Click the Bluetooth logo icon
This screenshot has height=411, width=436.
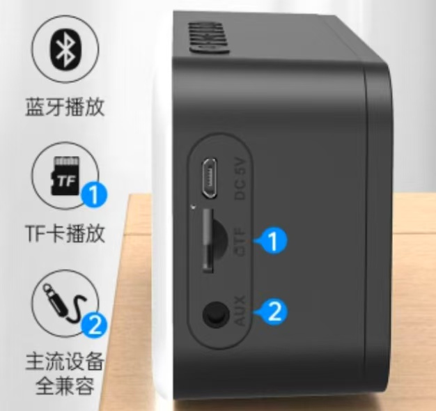click(x=65, y=50)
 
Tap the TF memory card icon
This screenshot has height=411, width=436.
click(x=65, y=176)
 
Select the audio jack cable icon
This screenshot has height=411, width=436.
click(x=65, y=304)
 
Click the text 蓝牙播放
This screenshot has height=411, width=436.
click(x=65, y=107)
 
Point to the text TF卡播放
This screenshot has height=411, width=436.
click(x=65, y=233)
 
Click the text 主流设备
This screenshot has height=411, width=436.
click(x=65, y=362)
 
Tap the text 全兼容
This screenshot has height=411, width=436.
click(x=65, y=385)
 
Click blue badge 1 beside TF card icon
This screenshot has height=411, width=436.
click(x=94, y=194)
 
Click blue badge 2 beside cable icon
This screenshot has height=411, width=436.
click(x=94, y=324)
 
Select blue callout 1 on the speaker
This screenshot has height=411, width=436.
click(x=272, y=241)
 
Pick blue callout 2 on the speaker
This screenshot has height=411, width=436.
click(x=272, y=312)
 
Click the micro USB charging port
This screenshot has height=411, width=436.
click(x=210, y=178)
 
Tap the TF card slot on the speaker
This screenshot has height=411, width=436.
click(x=208, y=241)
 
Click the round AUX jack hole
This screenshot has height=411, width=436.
click(x=216, y=315)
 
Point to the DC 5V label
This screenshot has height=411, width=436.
click(x=240, y=179)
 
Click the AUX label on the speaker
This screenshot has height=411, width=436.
click(x=239, y=310)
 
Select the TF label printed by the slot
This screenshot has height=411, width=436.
click(x=239, y=241)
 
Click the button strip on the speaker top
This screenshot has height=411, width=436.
click(x=210, y=38)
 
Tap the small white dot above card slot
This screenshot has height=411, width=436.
click(x=193, y=207)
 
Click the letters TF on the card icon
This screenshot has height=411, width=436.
click(x=66, y=180)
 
